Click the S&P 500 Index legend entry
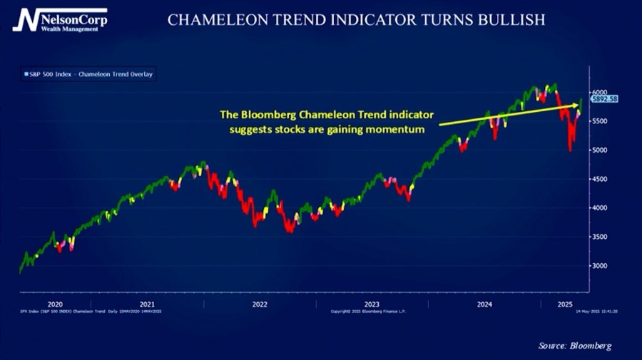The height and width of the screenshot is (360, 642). [x=89, y=74]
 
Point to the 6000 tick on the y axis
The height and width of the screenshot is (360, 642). [x=598, y=92]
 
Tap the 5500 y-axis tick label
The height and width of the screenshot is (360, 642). [x=598, y=121]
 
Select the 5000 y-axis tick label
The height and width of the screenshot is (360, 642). [x=598, y=150]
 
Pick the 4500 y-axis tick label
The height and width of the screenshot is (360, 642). [x=598, y=180]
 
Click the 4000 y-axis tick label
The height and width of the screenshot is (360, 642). [x=598, y=208]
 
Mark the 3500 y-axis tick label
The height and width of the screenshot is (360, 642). [x=598, y=237]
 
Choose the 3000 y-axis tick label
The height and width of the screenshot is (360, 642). [x=598, y=266]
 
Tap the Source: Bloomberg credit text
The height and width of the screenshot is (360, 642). [x=574, y=346]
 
